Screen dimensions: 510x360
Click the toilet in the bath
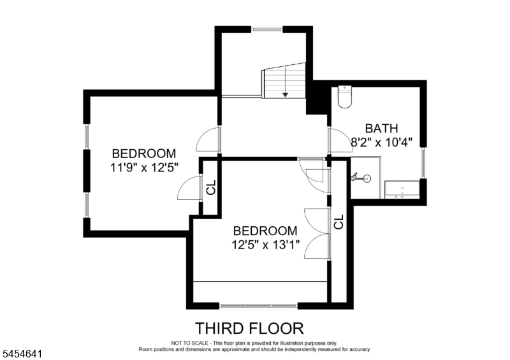tap(345, 97)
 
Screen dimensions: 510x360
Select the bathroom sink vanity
tap(402, 190)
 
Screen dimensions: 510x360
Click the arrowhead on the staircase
tap(285, 95)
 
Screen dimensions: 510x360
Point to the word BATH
tap(381, 128)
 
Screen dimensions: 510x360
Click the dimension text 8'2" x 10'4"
tap(381, 142)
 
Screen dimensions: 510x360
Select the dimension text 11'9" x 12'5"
tap(144, 168)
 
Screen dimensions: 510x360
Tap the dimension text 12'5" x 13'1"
tap(265, 244)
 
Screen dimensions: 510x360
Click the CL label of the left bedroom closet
tap(212, 187)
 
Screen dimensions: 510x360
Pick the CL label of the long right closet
tap(339, 222)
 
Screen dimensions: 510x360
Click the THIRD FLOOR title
tap(249, 328)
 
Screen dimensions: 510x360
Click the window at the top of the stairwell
tap(266, 29)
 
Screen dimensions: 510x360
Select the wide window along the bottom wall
tap(258, 306)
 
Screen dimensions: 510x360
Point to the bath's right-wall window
tap(423, 163)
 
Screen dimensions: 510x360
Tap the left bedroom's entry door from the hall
tap(208, 140)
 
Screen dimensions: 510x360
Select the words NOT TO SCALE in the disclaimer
tap(191, 343)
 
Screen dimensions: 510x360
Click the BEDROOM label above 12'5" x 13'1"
tap(265, 231)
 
